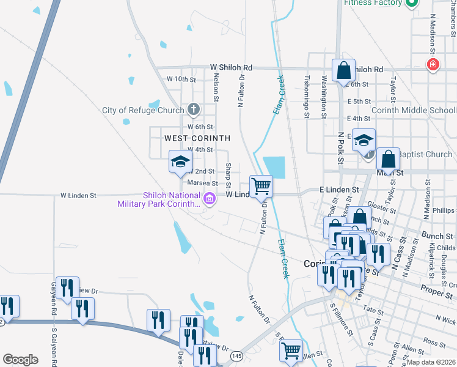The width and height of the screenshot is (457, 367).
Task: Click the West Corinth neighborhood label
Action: coord(197,138)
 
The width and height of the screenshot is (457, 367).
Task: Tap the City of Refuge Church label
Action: coord(143,111)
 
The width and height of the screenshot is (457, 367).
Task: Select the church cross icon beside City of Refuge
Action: coord(194,110)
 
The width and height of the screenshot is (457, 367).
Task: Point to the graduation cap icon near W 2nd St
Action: coord(181,161)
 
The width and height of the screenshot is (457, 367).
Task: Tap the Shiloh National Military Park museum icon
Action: coord(209,198)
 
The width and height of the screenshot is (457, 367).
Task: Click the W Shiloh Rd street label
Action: coord(231,67)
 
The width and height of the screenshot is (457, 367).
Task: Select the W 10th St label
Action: coord(181,80)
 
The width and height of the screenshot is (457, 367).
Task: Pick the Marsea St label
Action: coord(202,183)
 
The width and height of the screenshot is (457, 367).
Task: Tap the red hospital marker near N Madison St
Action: coord(433,65)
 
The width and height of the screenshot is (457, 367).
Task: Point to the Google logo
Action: coord(20,359)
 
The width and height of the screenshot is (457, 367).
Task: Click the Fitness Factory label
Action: coord(373,3)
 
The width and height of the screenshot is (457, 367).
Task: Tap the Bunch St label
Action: coord(437,235)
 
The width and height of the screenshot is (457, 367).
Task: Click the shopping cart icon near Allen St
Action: coord(291,350)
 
